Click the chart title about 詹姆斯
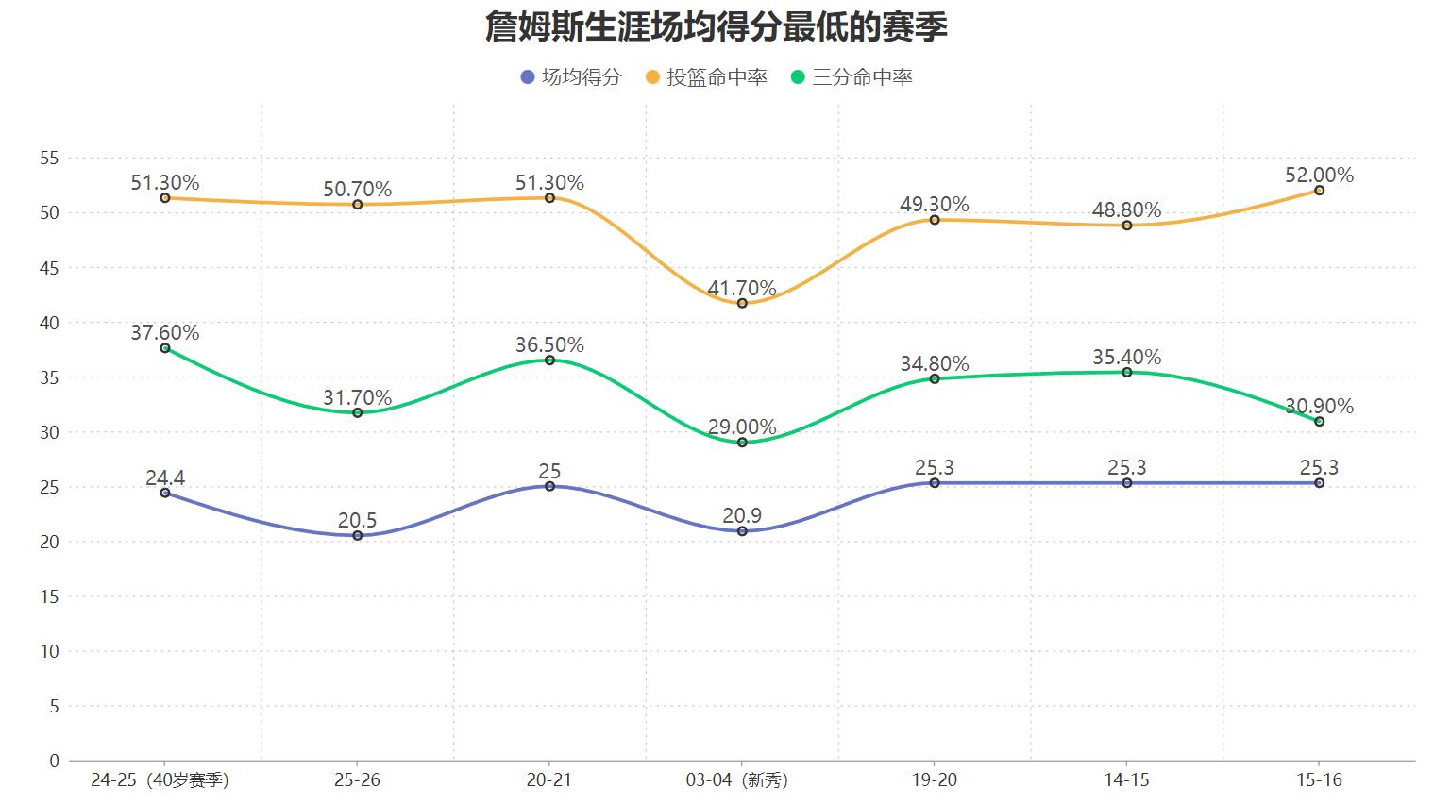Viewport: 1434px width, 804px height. [x=716, y=26]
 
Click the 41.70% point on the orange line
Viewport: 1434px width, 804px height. [x=742, y=303]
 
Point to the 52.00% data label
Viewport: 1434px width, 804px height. [x=1319, y=175]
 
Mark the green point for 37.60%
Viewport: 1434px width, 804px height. [x=165, y=348]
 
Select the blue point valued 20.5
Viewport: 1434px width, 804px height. [x=358, y=535]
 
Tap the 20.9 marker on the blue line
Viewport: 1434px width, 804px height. [x=742, y=531]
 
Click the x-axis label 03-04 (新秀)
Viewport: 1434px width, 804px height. [x=737, y=780]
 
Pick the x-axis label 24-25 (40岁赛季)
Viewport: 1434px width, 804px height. [x=160, y=780]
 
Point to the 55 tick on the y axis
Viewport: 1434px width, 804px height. [x=49, y=159]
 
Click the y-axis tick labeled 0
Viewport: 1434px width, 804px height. [x=54, y=761]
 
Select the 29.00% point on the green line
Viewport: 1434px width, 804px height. [x=742, y=442]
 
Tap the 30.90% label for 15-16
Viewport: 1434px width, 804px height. [x=1319, y=406]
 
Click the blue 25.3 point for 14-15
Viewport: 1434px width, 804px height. [x=1127, y=483]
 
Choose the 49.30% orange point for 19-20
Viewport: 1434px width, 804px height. [x=935, y=220]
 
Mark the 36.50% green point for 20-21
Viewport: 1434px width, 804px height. [x=549, y=360]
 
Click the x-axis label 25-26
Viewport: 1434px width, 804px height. [x=358, y=780]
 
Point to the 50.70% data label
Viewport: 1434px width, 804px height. [x=358, y=189]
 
